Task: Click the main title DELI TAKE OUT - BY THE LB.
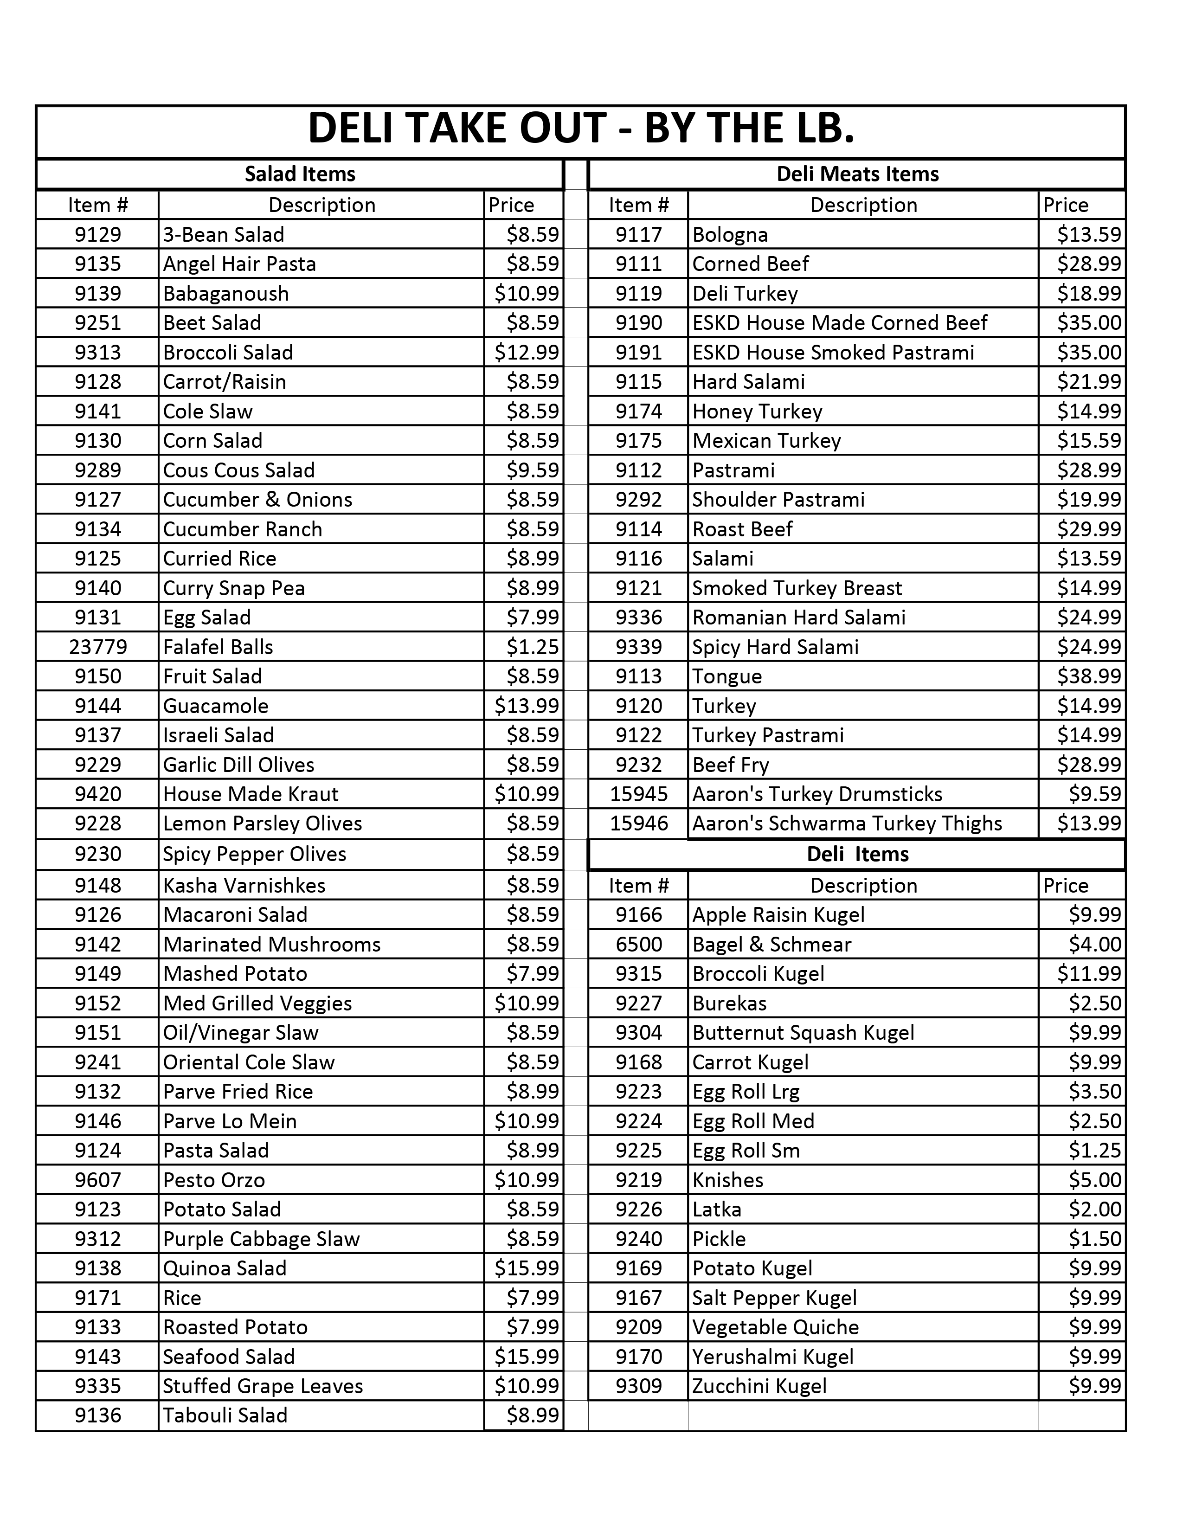(x=580, y=129)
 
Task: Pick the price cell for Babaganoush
(x=527, y=293)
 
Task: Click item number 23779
(x=97, y=646)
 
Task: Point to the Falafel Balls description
(x=218, y=646)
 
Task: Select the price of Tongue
(x=1088, y=676)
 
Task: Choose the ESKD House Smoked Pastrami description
(x=833, y=352)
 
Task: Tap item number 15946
(x=638, y=823)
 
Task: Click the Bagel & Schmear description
(x=771, y=944)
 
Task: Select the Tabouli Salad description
(x=225, y=1415)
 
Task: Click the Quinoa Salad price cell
(x=527, y=1268)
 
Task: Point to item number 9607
(x=97, y=1180)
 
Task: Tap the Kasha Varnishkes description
(x=244, y=885)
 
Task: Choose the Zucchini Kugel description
(x=759, y=1386)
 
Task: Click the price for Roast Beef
(x=1088, y=528)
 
